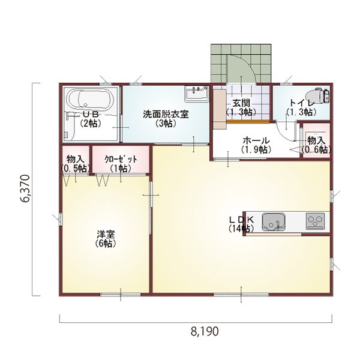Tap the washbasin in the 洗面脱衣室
click(197, 94)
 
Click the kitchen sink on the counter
click(274, 221)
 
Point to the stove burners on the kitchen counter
click(316, 221)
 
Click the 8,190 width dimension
click(205, 331)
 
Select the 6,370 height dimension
click(25, 188)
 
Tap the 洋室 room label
click(106, 235)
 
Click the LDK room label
click(242, 220)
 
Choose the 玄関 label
click(241, 103)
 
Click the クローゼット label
click(121, 159)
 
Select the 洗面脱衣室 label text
click(166, 114)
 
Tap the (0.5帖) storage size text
click(76, 169)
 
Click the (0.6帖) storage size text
click(316, 149)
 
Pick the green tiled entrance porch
click(241, 63)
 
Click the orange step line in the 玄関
click(248, 122)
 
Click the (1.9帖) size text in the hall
click(256, 149)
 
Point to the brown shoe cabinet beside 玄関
click(220, 109)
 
